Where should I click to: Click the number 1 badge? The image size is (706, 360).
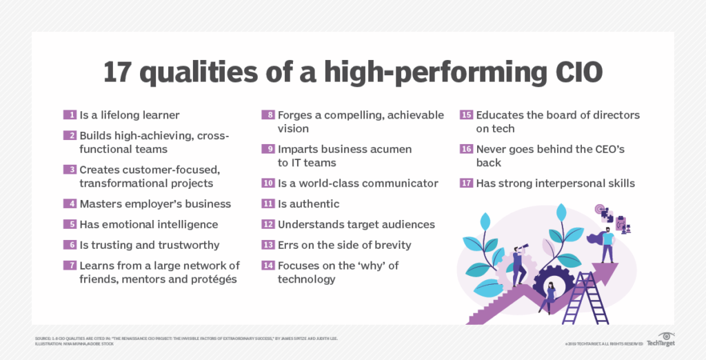click(x=70, y=115)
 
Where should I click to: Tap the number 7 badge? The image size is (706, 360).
click(x=70, y=266)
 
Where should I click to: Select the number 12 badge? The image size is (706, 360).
click(x=268, y=224)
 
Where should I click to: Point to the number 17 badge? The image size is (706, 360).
click(x=466, y=183)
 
